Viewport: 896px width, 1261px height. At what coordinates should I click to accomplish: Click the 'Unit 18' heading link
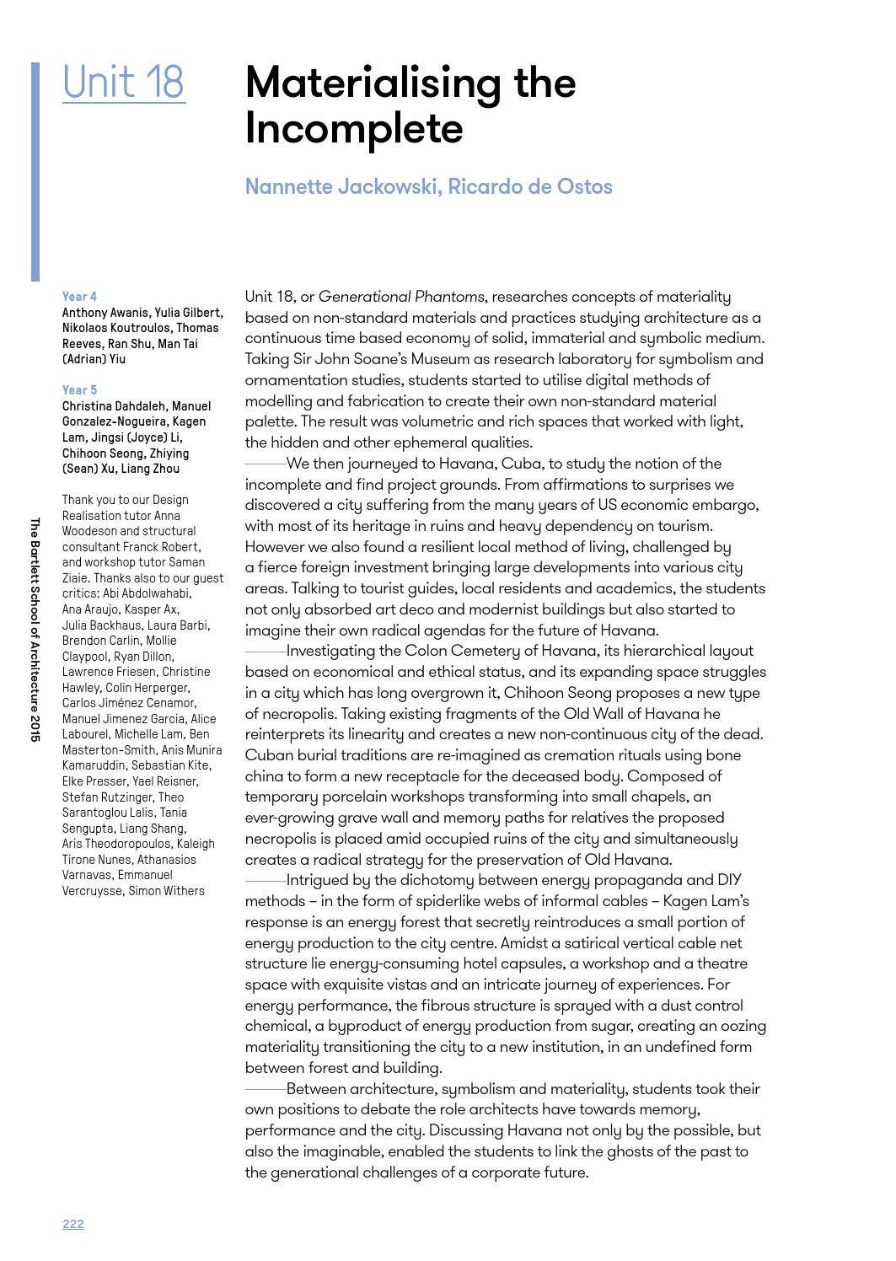(x=123, y=83)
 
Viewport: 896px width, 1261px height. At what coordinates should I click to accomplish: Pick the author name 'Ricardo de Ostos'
(x=530, y=186)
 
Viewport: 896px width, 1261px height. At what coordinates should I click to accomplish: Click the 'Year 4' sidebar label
(x=79, y=297)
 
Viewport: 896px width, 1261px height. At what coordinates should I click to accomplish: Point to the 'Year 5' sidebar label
(x=79, y=390)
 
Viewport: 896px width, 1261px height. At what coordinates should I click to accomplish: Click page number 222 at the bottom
(x=73, y=1224)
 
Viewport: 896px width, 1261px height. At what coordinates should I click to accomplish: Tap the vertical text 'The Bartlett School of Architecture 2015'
(x=35, y=629)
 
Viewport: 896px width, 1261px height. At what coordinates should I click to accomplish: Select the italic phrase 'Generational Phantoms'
(x=401, y=297)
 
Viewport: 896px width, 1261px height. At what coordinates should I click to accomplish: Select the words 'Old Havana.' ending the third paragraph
(x=630, y=860)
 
